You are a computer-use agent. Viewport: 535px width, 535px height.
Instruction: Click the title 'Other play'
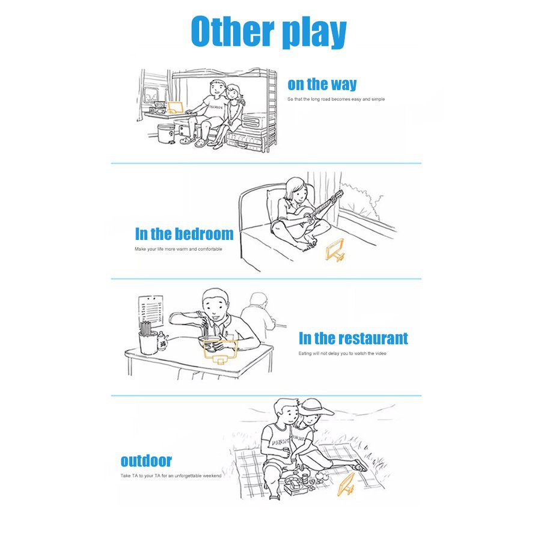click(x=269, y=33)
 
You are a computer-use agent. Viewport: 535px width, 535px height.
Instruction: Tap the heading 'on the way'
click(x=322, y=84)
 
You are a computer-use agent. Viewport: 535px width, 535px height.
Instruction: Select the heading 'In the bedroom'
click(x=184, y=234)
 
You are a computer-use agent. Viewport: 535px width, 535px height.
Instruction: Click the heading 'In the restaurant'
click(x=353, y=338)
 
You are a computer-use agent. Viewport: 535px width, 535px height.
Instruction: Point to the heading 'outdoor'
click(x=146, y=461)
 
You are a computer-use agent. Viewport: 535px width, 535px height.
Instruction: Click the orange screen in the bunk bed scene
click(x=175, y=109)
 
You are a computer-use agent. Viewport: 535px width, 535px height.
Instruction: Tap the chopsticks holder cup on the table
click(x=148, y=341)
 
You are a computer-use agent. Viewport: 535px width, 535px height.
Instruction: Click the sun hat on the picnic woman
click(x=317, y=408)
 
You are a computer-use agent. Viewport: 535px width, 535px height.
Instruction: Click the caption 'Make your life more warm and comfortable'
click(x=179, y=249)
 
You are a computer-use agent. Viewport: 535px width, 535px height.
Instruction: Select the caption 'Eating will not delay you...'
click(x=342, y=353)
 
